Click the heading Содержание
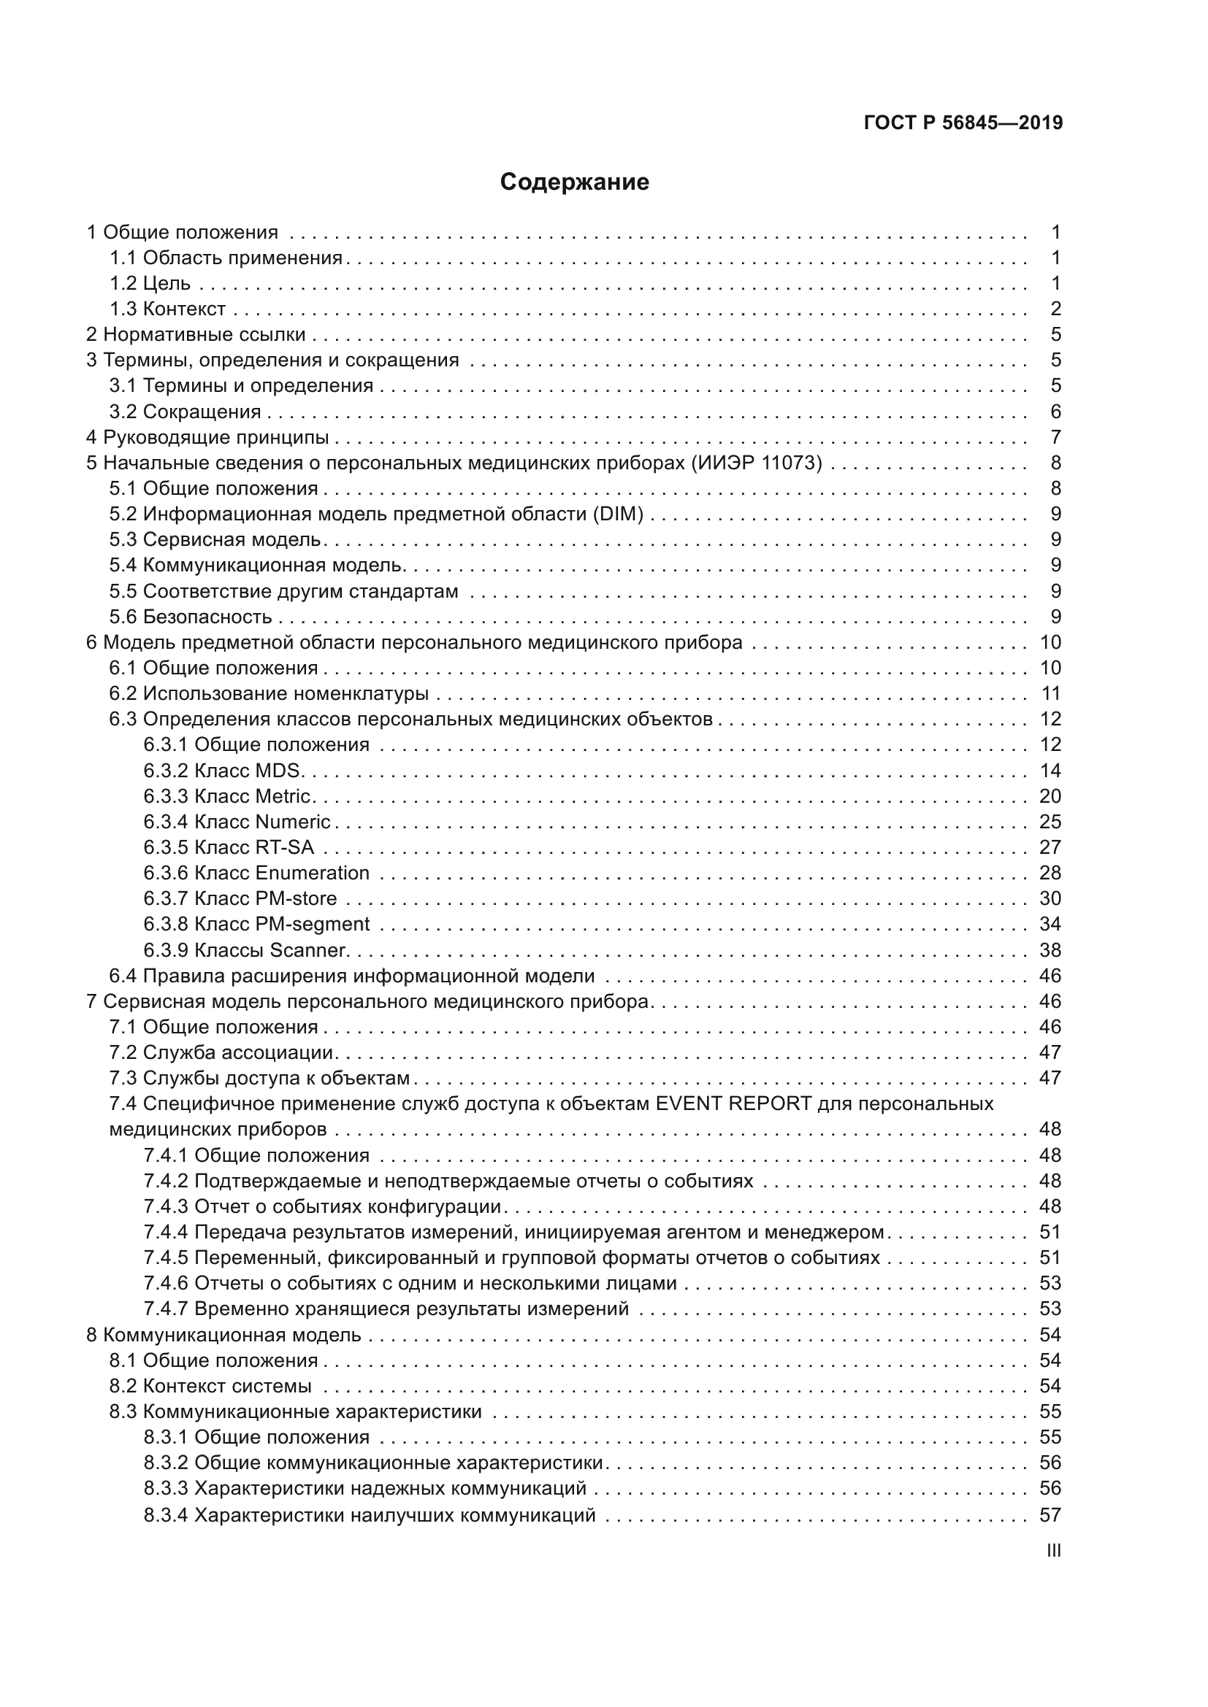click(574, 182)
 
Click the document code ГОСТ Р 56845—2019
click(963, 123)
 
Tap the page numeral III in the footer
click(1053, 1550)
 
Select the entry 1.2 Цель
click(150, 283)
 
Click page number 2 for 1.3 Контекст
click(1055, 309)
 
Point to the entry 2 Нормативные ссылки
click(196, 334)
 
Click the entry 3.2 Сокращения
click(186, 411)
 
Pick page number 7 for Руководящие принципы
click(1055, 437)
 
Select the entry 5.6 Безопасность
click(191, 617)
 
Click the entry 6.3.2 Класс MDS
click(222, 770)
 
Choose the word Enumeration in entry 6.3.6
click(312, 873)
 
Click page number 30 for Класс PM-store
click(1050, 898)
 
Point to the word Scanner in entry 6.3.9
click(308, 950)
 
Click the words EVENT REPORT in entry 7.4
click(733, 1103)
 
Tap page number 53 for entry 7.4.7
click(1050, 1309)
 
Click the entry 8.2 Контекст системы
click(210, 1386)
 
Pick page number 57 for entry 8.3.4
click(1050, 1514)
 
